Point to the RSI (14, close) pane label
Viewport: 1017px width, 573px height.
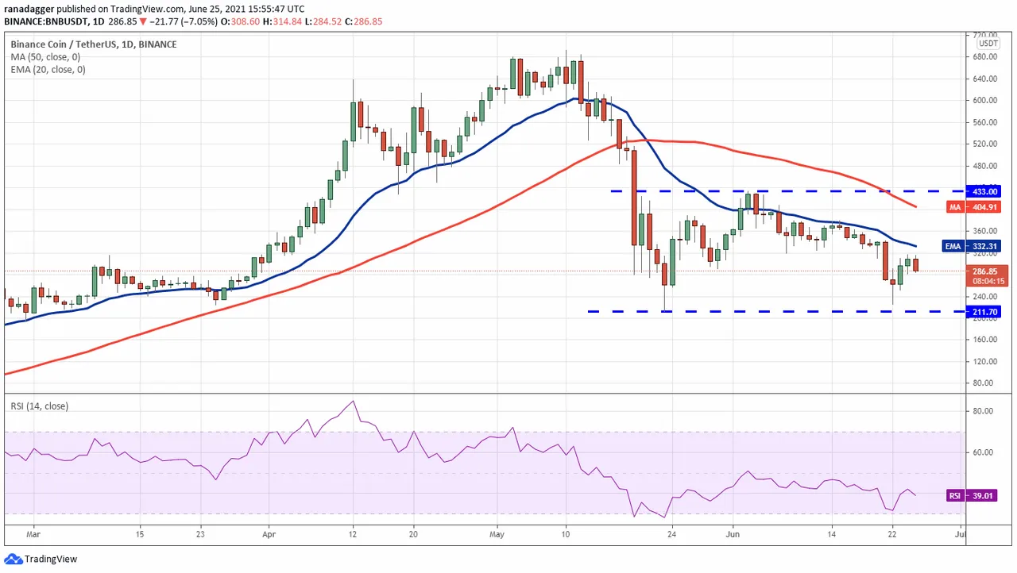[x=39, y=406]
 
